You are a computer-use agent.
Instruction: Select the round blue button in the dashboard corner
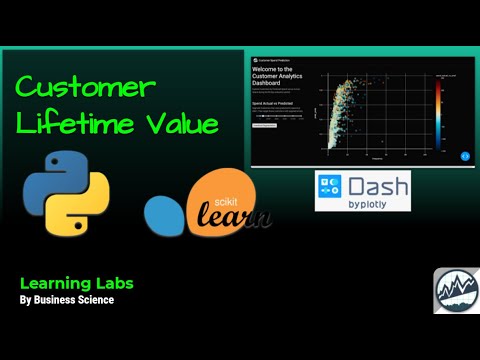click(464, 155)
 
